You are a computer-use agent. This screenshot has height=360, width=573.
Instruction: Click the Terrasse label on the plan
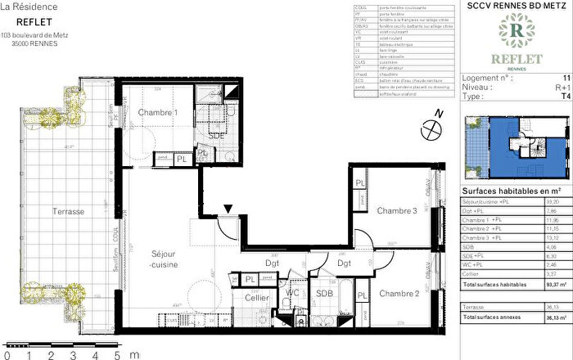(x=67, y=212)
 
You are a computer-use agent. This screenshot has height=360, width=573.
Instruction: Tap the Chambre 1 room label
(x=156, y=112)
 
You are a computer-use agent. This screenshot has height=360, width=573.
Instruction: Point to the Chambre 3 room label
(x=397, y=211)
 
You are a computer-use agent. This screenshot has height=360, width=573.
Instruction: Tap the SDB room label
(x=323, y=317)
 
